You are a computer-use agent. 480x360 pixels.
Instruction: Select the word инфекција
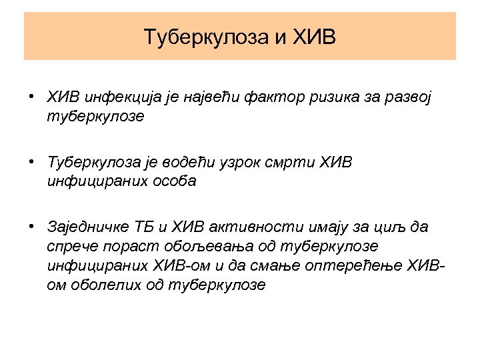(x=116, y=99)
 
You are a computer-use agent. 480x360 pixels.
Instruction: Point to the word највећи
(x=194, y=99)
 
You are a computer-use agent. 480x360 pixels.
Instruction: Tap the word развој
(x=407, y=99)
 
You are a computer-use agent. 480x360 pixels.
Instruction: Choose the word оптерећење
(x=367, y=265)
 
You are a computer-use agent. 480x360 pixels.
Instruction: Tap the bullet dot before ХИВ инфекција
(x=32, y=98)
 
